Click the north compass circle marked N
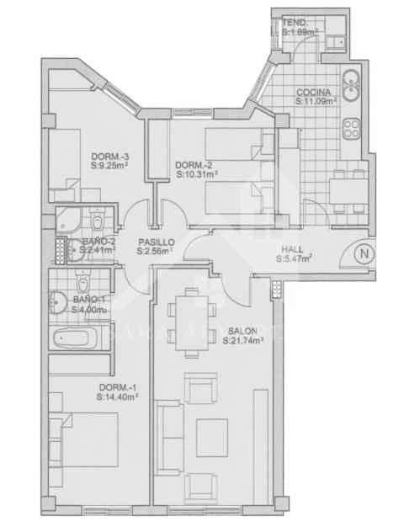point(363,253)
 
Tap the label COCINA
point(312,91)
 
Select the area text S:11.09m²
point(316,100)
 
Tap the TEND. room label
point(295,23)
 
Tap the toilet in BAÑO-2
point(98,222)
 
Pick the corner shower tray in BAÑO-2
point(66,221)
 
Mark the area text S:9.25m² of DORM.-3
point(109,166)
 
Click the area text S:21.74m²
point(243,342)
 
